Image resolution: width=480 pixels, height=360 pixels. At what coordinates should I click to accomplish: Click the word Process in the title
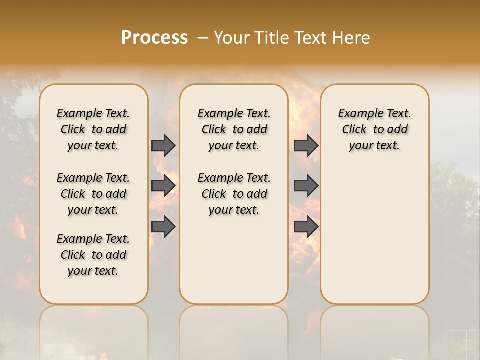pyautogui.click(x=154, y=37)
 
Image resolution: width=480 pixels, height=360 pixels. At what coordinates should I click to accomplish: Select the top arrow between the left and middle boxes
pyautogui.click(x=163, y=145)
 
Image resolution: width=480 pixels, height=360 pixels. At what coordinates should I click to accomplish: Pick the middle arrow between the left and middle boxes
pyautogui.click(x=163, y=186)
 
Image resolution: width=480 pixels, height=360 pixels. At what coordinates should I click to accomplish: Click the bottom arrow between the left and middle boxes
pyautogui.click(x=163, y=227)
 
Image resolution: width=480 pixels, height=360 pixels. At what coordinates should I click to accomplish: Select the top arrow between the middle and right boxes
pyautogui.click(x=306, y=145)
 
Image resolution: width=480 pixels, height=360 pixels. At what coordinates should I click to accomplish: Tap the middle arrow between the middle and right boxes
pyautogui.click(x=306, y=186)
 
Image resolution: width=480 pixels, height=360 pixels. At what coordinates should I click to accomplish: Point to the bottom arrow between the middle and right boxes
pyautogui.click(x=306, y=227)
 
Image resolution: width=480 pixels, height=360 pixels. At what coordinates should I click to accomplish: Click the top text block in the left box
pyautogui.click(x=93, y=129)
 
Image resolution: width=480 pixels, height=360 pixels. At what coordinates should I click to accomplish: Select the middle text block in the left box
pyautogui.click(x=93, y=194)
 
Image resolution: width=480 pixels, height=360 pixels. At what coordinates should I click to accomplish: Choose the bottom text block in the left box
pyautogui.click(x=93, y=255)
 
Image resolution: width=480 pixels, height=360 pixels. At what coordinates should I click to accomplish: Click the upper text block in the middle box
pyautogui.click(x=234, y=129)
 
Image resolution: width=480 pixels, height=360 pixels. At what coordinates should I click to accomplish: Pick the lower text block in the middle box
pyautogui.click(x=234, y=194)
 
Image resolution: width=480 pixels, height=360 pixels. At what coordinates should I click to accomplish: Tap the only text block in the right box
pyautogui.click(x=374, y=129)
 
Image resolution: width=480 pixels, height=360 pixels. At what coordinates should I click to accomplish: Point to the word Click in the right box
pyautogui.click(x=354, y=130)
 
